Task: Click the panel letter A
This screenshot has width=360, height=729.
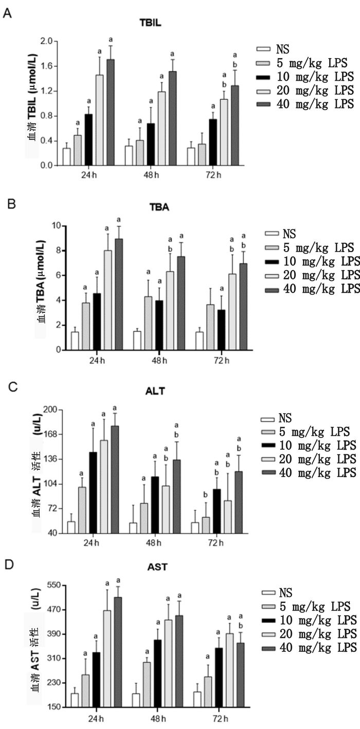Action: (x=7, y=14)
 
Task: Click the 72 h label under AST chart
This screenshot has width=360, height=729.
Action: (x=211, y=718)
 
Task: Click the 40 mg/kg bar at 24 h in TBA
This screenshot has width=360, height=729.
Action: (x=119, y=294)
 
